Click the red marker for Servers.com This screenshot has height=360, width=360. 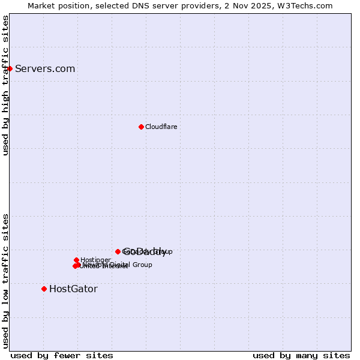click(10, 68)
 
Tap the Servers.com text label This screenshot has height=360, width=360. click(45, 69)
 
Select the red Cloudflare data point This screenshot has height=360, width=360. click(141, 127)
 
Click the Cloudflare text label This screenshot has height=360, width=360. click(161, 127)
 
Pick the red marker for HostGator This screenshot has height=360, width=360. click(44, 289)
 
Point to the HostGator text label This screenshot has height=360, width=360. click(73, 289)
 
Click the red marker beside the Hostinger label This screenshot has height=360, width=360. click(76, 260)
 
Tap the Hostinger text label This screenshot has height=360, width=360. click(95, 260)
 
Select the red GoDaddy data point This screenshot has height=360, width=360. click(118, 251)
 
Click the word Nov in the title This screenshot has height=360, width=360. click(244, 6)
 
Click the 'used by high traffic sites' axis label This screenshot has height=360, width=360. click(5, 85)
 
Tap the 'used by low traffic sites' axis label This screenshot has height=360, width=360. click(5, 281)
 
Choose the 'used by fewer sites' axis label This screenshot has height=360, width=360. click(62, 355)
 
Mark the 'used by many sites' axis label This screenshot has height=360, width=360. click(301, 355)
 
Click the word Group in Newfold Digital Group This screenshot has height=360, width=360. click(142, 265)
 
